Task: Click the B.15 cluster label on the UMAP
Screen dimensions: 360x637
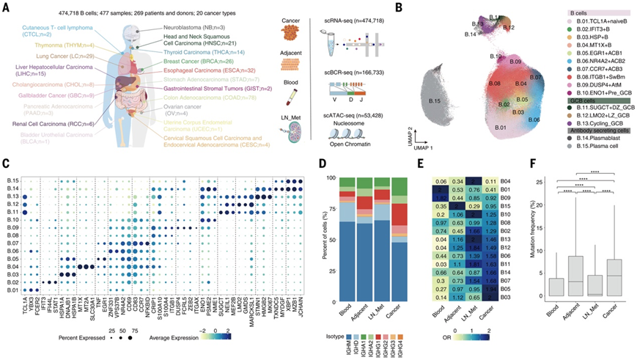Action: [x=437, y=100]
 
